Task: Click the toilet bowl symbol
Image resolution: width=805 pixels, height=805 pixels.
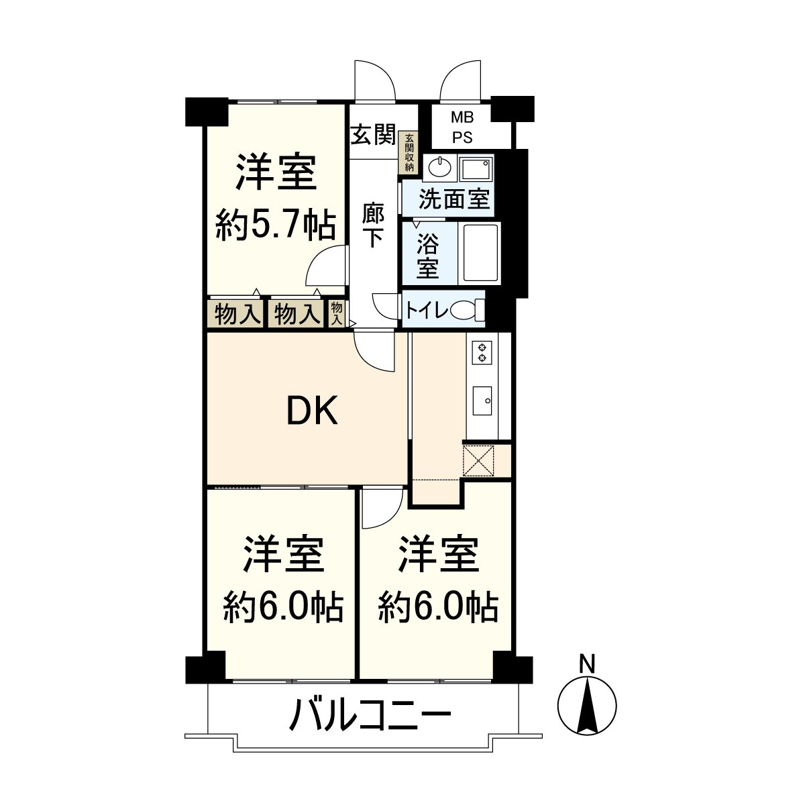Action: pyautogui.click(x=467, y=311)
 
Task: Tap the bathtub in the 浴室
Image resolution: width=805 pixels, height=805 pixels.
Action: pyautogui.click(x=479, y=254)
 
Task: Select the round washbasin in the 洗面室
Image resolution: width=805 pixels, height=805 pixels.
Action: pyautogui.click(x=439, y=166)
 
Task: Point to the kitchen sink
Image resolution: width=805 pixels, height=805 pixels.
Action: pyautogui.click(x=482, y=401)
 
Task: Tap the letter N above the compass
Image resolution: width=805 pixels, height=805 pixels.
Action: pyautogui.click(x=587, y=663)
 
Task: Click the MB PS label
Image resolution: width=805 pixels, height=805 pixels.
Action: pyautogui.click(x=462, y=127)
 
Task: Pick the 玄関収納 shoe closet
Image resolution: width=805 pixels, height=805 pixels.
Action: pyautogui.click(x=409, y=154)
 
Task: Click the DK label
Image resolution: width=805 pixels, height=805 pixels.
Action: pyautogui.click(x=312, y=412)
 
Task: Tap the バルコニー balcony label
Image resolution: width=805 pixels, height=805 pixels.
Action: pyautogui.click(x=370, y=716)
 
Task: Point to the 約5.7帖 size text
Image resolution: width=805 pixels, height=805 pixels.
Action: pyautogui.click(x=276, y=225)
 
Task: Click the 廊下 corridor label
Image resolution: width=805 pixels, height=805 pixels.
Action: pyautogui.click(x=373, y=225)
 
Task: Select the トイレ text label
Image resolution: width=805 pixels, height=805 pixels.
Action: pyautogui.click(x=425, y=311)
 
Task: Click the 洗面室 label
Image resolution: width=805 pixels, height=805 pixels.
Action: pyautogui.click(x=455, y=199)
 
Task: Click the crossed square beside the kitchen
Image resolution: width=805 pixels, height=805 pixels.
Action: pyautogui.click(x=478, y=460)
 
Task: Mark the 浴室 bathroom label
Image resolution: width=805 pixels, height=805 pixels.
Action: pyautogui.click(x=428, y=255)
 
